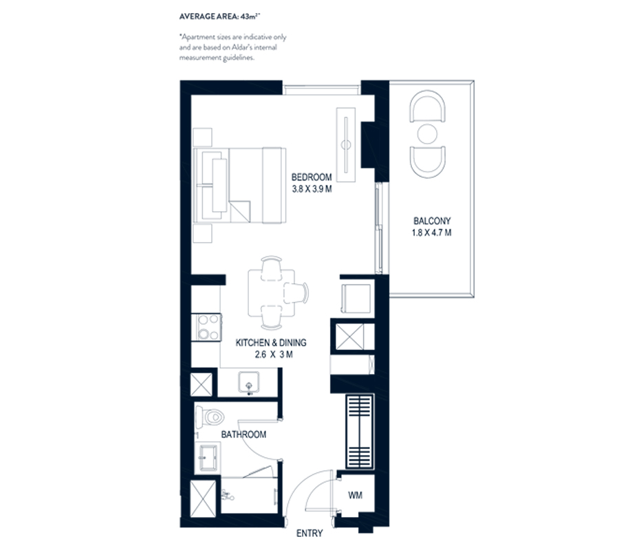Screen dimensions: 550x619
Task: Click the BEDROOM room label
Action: point(312,176)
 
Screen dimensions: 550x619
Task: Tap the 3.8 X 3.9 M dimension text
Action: point(312,189)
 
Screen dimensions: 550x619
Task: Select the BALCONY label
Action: point(432,221)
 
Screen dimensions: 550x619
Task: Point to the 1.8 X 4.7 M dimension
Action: point(432,234)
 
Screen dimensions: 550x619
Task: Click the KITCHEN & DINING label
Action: point(271,342)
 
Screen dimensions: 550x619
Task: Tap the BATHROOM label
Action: point(243,434)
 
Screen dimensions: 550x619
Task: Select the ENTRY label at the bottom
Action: point(309,533)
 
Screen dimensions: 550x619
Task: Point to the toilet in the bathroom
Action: point(209,417)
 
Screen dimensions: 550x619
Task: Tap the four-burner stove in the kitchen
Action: point(208,327)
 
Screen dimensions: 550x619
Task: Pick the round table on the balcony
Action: point(427,132)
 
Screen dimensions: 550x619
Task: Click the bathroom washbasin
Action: point(208,454)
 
